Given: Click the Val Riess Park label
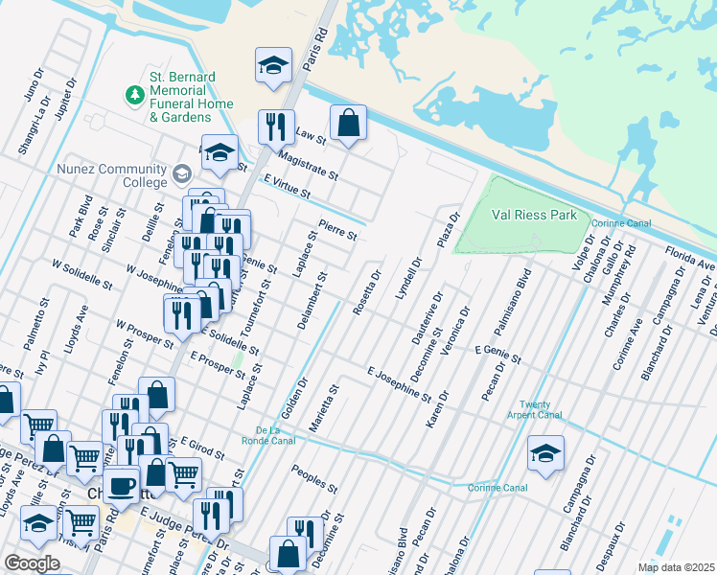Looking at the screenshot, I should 534,215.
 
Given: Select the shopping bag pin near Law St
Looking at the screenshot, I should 348,124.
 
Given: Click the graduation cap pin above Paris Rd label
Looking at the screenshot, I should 273,67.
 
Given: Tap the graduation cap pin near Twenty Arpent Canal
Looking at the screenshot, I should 545,454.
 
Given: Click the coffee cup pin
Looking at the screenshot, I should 121,485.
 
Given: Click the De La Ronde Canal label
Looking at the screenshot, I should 275,433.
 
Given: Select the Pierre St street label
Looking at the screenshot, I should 337,231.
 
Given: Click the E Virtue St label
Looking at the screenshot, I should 287,187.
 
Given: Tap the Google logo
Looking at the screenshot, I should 32,563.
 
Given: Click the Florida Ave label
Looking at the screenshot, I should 690,257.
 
